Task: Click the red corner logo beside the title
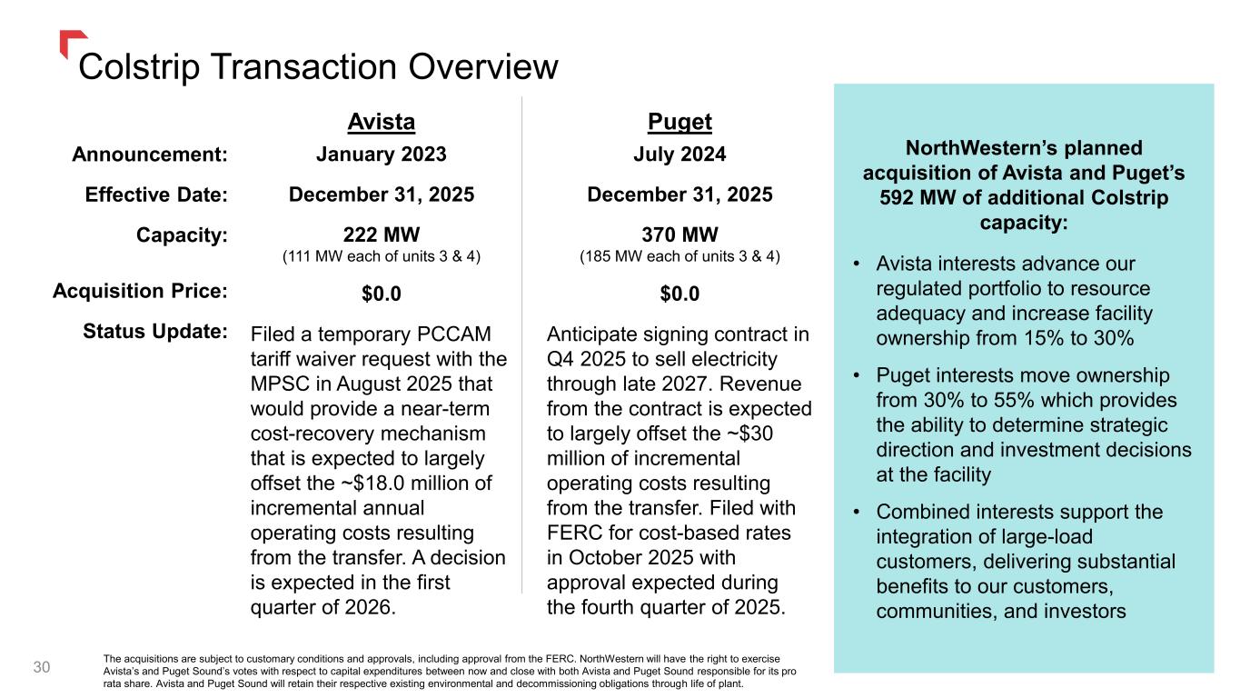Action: [72, 42]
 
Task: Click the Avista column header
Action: [382, 122]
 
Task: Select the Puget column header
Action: [680, 122]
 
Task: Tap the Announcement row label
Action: [149, 155]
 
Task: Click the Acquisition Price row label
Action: [140, 291]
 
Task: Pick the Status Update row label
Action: [154, 331]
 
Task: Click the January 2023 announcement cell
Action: [382, 155]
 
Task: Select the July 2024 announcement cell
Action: [680, 155]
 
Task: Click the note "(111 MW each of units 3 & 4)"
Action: [382, 256]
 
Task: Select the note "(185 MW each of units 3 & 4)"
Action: [680, 256]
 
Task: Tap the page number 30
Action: [42, 668]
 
